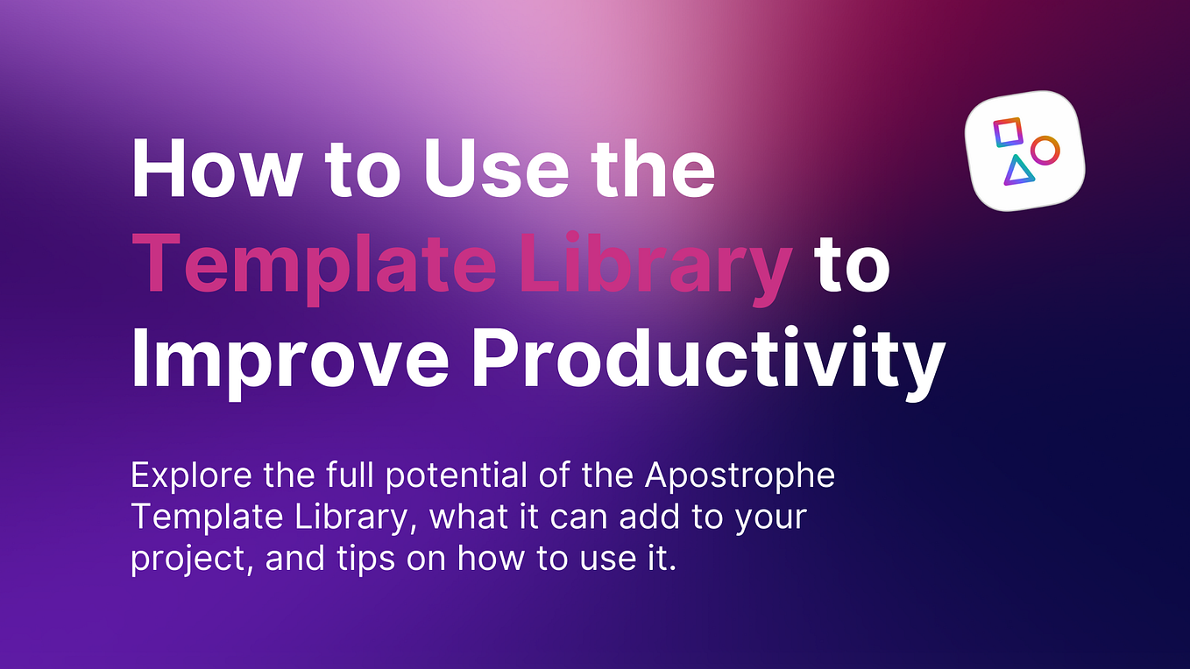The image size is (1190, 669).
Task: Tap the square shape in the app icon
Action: (1007, 132)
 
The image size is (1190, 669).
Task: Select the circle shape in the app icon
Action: (1044, 150)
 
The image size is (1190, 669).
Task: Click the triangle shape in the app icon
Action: (1017, 170)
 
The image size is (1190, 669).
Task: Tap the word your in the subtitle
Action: (771, 518)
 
